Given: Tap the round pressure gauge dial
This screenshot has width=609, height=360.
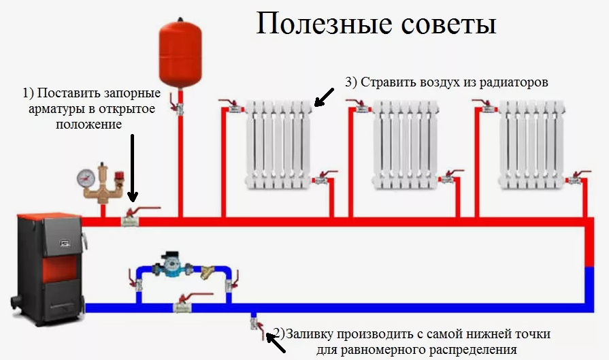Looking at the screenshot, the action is [86, 179].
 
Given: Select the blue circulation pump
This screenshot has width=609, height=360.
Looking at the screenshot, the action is [171, 264].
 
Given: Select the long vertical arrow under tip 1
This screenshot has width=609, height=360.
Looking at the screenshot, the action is [133, 168].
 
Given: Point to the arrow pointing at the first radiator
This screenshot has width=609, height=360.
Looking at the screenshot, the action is [324, 97].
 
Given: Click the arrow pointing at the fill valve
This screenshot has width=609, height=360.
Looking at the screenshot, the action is [276, 342].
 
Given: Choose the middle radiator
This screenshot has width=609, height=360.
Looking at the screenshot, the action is [406, 145].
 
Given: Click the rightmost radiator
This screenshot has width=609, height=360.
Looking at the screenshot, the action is [531, 145].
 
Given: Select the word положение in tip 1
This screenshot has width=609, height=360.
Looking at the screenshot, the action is [89, 125].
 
